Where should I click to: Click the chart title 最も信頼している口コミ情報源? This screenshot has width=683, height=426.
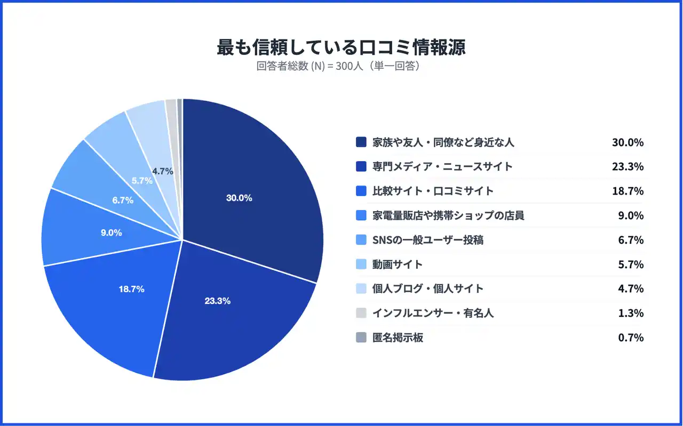coord(341,47)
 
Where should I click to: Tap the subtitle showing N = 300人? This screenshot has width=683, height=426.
coord(341,67)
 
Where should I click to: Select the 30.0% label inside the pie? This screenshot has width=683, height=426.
coord(239,198)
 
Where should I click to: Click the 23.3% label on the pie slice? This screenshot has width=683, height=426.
coord(217,301)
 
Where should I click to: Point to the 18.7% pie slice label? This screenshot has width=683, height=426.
coord(131,289)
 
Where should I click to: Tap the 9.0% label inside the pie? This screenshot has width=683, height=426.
coord(112,232)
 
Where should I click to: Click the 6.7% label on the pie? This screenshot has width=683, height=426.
coord(123,200)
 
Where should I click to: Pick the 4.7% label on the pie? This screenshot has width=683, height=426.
coord(162,171)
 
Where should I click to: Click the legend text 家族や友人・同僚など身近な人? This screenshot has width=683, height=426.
coord(443,142)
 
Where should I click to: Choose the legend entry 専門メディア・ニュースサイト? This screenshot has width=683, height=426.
coord(442,166)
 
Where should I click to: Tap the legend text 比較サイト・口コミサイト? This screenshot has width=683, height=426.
coord(433,191)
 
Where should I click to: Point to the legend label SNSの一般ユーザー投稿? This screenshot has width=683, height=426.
coord(428,240)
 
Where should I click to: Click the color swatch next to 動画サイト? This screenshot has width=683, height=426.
coord(361,264)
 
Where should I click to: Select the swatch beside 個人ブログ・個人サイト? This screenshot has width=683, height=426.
coord(361,288)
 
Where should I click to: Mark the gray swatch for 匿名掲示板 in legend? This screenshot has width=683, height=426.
coord(361,337)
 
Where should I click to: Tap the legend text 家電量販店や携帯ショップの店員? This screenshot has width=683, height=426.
coord(448,215)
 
